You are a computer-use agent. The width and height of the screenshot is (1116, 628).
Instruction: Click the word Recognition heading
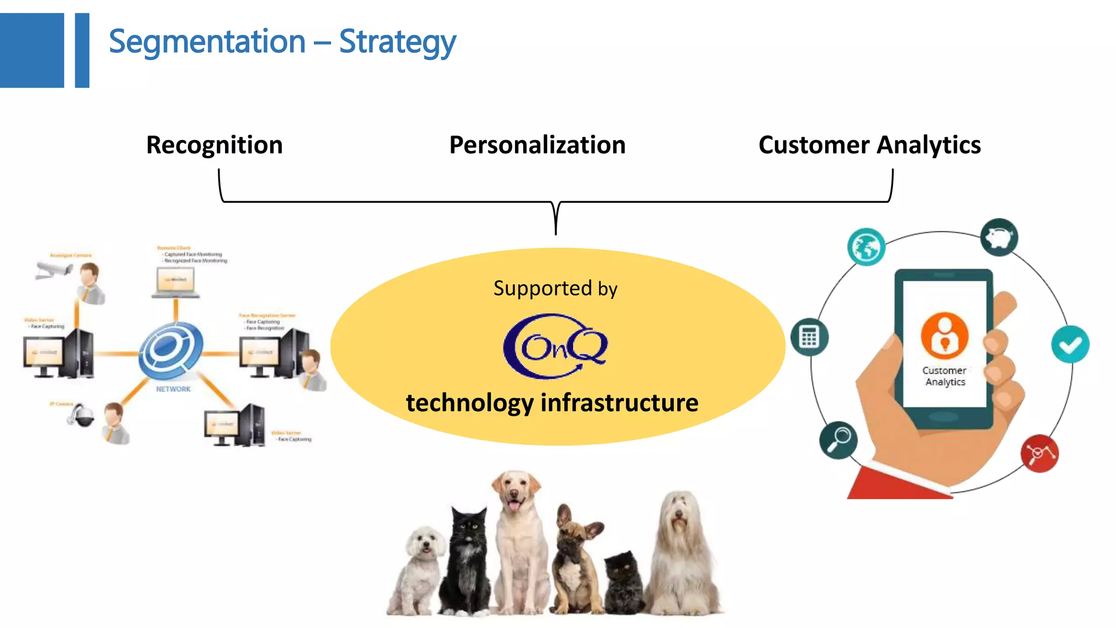click(x=214, y=145)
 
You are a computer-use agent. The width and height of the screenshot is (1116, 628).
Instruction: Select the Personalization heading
click(x=537, y=145)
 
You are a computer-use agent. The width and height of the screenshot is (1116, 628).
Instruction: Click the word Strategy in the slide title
click(x=397, y=43)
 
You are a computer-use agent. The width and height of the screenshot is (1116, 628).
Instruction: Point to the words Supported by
click(x=555, y=288)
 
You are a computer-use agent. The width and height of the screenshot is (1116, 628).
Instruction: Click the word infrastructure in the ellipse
click(x=619, y=403)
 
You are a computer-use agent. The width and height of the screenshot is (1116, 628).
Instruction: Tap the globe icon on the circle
click(x=866, y=247)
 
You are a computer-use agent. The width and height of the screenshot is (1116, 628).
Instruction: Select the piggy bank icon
click(x=999, y=237)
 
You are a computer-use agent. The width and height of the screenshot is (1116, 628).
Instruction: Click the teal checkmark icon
click(x=1070, y=344)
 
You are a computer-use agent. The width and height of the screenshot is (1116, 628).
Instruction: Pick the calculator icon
click(x=809, y=337)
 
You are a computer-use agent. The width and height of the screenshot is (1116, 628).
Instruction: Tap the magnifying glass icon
click(x=838, y=439)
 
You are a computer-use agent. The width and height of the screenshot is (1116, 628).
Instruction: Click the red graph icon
click(x=1039, y=453)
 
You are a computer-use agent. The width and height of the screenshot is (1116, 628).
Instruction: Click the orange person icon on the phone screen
click(x=944, y=335)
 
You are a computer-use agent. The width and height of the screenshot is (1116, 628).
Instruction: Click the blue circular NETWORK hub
click(x=171, y=349)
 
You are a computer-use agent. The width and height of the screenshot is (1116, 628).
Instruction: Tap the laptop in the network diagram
click(x=175, y=283)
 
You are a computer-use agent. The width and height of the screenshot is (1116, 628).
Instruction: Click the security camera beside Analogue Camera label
click(x=53, y=270)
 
